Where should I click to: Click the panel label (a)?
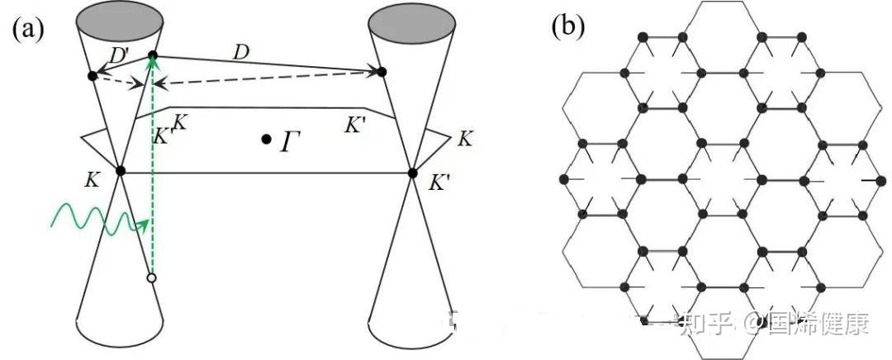tap(28, 29)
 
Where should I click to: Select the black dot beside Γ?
tap(266, 139)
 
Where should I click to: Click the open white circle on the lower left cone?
tap(151, 277)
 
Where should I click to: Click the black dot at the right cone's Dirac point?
tap(412, 173)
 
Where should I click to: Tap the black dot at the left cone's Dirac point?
tap(120, 170)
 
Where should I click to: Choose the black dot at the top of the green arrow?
tap(153, 54)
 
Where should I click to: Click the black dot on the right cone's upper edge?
tap(382, 72)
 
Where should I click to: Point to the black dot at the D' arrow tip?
tap(93, 76)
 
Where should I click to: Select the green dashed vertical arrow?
tap(152, 166)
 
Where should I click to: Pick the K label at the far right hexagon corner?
tap(465, 140)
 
